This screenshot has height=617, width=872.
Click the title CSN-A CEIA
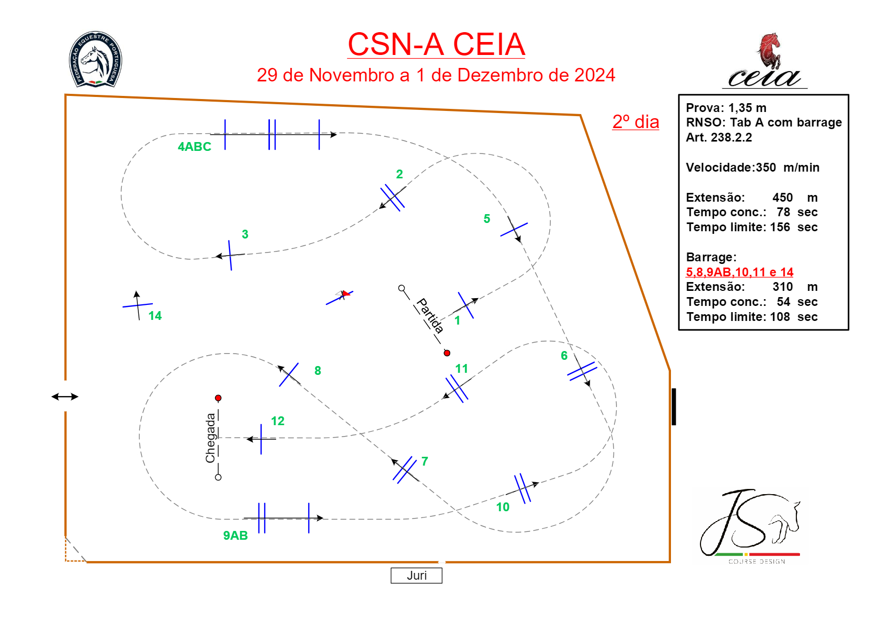coord(436,45)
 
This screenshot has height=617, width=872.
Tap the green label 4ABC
coord(194,147)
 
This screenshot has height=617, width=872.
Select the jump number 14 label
coord(155,316)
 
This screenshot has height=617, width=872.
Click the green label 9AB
coord(235,536)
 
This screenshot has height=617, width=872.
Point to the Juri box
coord(417,576)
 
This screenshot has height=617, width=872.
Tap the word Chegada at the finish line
coord(210,438)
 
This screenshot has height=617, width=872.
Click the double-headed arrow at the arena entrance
coord(65,397)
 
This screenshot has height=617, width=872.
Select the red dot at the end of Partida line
coord(447,353)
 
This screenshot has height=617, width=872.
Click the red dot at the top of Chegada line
coord(218,398)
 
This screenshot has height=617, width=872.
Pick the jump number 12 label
coord(278,421)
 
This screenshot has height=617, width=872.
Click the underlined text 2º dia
coord(636,122)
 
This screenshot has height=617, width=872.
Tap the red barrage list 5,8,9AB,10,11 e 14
coord(739,272)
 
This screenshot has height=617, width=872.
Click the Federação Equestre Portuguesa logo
coord(95,59)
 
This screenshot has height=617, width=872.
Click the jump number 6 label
coord(564,356)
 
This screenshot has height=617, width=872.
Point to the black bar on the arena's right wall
coord(674,406)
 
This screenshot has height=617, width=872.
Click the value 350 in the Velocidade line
coord(766,167)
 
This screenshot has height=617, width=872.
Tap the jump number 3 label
coord(245,234)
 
